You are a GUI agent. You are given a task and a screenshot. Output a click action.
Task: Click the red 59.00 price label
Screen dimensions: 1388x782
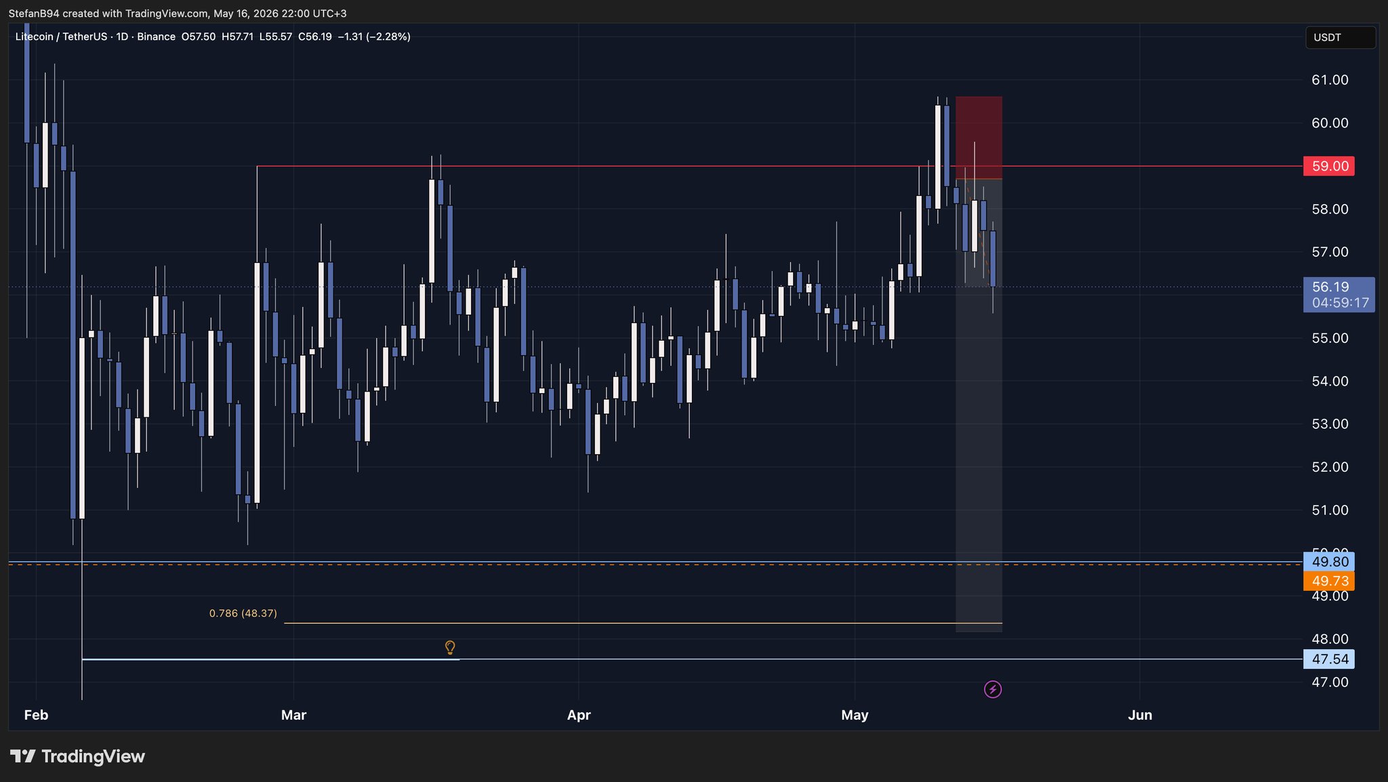pyautogui.click(x=1328, y=166)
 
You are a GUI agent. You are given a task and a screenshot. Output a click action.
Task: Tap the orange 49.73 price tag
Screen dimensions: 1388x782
pyautogui.click(x=1328, y=581)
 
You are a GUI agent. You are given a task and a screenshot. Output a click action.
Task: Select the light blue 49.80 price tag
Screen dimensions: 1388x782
pyautogui.click(x=1328, y=562)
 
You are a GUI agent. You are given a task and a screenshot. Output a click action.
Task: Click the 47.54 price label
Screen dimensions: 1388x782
pyautogui.click(x=1328, y=659)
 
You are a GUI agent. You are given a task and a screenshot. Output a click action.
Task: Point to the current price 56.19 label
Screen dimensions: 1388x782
pyautogui.click(x=1330, y=287)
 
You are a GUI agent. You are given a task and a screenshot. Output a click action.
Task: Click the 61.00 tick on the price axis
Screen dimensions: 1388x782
pyautogui.click(x=1330, y=80)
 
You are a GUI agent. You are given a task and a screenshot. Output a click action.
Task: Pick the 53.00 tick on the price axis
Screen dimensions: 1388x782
pyautogui.click(x=1330, y=424)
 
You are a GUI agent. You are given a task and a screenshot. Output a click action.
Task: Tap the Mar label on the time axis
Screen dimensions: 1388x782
pyautogui.click(x=293, y=715)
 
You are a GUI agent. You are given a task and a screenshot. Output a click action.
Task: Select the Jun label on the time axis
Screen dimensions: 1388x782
pyautogui.click(x=1140, y=715)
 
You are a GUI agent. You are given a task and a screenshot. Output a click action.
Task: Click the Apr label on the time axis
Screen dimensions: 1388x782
pyautogui.click(x=579, y=715)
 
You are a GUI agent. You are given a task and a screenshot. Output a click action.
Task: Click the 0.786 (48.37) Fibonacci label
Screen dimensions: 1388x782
pyautogui.click(x=243, y=613)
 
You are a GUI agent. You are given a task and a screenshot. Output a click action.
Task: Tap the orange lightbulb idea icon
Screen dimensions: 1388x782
pyautogui.click(x=449, y=648)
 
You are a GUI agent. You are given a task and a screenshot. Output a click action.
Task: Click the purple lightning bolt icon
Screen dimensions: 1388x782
pyautogui.click(x=993, y=690)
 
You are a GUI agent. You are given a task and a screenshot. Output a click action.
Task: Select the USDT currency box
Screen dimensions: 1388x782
pyautogui.click(x=1341, y=37)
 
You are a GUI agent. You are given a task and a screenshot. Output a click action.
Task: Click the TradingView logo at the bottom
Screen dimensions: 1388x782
pyautogui.click(x=77, y=756)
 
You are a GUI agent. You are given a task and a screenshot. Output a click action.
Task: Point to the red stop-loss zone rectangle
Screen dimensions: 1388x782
pyautogui.click(x=979, y=138)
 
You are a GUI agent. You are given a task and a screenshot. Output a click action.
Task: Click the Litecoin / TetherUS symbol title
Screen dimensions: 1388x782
pyautogui.click(x=61, y=37)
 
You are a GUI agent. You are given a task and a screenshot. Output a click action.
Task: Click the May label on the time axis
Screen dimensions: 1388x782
pyautogui.click(x=855, y=715)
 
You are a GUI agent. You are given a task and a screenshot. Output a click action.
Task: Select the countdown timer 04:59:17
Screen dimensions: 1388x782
pyautogui.click(x=1341, y=303)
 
